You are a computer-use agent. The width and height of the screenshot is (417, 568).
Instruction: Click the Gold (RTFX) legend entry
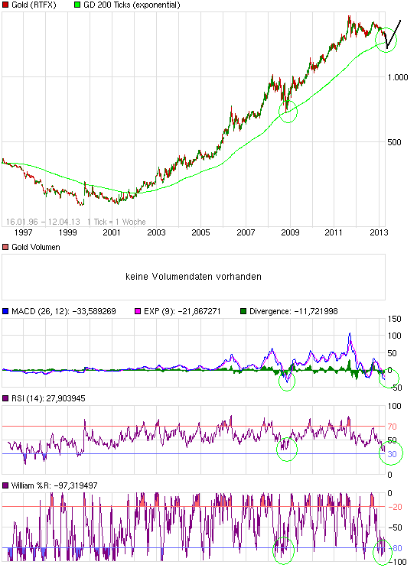click(35, 5)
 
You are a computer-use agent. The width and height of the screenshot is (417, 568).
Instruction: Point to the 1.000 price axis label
click(398, 77)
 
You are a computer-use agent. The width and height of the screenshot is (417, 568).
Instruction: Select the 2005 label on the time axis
click(200, 232)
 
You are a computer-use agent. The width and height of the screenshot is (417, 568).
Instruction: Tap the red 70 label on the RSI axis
click(391, 426)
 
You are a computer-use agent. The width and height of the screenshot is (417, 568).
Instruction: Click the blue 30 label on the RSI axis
click(391, 454)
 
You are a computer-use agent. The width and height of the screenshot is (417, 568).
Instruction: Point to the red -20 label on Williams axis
click(395, 506)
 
